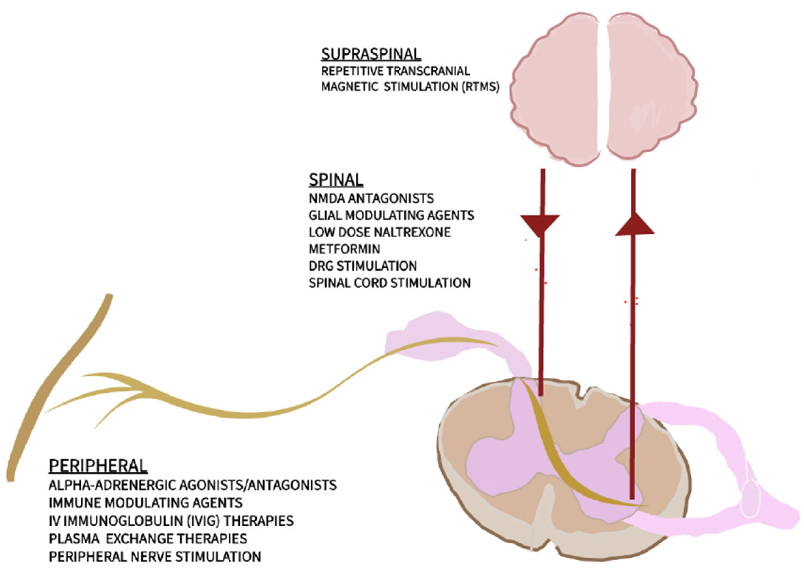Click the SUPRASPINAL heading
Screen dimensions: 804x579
point(371,54)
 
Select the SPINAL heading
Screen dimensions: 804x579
point(336,180)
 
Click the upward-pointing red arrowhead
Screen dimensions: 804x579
point(634,224)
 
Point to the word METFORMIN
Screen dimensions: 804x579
point(345,249)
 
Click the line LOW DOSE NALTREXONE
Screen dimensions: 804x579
point(380,232)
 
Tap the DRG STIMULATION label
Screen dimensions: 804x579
point(363,266)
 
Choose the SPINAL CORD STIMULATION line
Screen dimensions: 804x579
point(390,283)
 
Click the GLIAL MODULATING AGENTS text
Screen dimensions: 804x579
point(392,215)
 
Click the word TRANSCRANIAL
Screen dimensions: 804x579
point(428,71)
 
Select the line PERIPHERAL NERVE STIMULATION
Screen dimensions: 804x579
point(155,557)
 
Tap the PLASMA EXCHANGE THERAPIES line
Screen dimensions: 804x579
point(148,538)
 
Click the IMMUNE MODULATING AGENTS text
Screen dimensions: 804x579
point(146,502)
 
